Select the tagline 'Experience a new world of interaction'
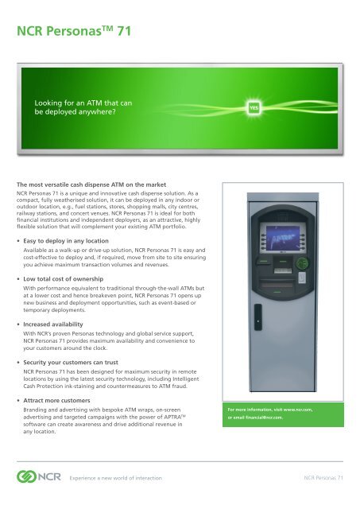[x=120, y=478]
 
